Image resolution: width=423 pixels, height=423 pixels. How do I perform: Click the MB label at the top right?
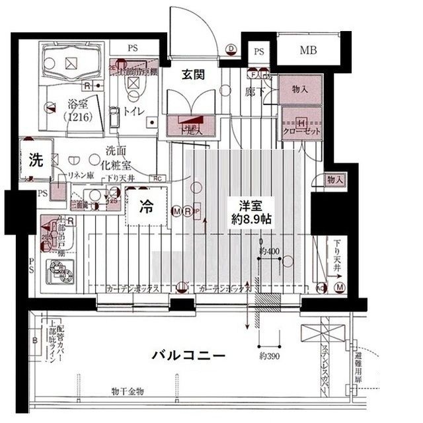(x=307, y=50)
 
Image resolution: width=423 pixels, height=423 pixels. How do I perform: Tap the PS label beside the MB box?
(x=259, y=52)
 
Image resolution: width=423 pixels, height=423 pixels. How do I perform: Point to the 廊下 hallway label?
(x=255, y=92)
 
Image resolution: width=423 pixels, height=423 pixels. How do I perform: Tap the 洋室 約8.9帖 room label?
(x=251, y=211)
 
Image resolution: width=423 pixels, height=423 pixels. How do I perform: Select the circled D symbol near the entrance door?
(x=231, y=48)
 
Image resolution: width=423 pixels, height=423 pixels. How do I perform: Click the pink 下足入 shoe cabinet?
(x=192, y=128)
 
